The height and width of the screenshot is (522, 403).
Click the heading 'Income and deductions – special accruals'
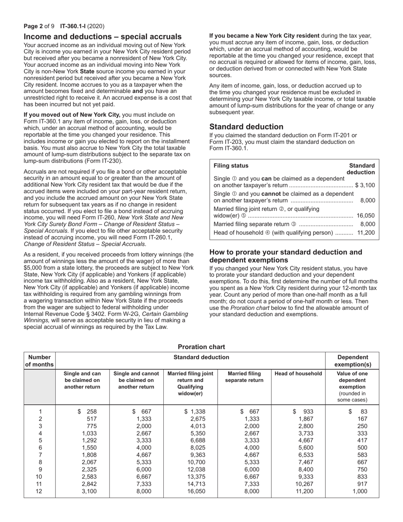pos(103,37)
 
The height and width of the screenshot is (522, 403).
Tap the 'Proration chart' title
pos(201,347)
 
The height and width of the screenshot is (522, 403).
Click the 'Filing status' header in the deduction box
pos(231,166)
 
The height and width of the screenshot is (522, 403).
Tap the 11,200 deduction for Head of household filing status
pos(366,233)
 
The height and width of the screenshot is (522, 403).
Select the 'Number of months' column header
pos(40,361)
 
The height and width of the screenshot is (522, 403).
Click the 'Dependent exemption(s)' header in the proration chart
pos(352,361)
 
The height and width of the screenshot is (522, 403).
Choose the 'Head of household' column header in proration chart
pos(298,373)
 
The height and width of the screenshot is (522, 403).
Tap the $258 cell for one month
pos(88,411)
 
